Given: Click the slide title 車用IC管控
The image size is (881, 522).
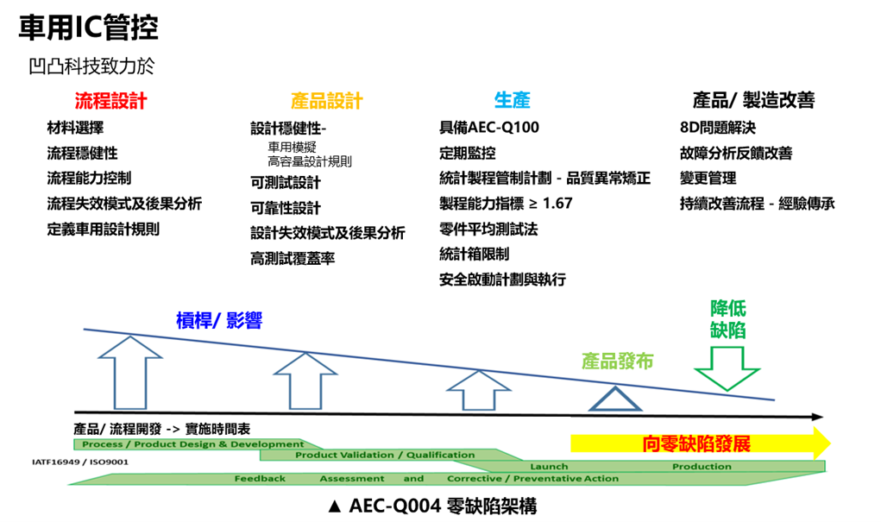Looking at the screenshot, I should pyautogui.click(x=88, y=28).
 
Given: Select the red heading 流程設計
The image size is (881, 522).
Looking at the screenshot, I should pyautogui.click(x=111, y=101).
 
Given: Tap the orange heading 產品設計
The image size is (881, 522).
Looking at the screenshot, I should pyautogui.click(x=327, y=101).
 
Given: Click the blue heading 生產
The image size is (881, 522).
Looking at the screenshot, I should pyautogui.click(x=512, y=101).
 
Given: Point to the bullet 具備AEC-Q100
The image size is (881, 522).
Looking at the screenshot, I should pyautogui.click(x=488, y=128).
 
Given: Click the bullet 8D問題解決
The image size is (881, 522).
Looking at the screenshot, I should pyautogui.click(x=718, y=129).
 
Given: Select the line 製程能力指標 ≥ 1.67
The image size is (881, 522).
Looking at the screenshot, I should pyautogui.click(x=506, y=204).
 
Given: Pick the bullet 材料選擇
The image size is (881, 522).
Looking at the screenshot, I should pyautogui.click(x=75, y=129).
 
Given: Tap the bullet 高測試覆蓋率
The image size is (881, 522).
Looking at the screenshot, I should pyautogui.click(x=293, y=258).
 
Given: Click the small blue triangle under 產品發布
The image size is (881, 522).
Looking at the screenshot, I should pyautogui.click(x=616, y=399).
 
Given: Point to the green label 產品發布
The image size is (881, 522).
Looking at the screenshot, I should pyautogui.click(x=617, y=362).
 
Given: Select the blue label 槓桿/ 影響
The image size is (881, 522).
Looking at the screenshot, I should pyautogui.click(x=218, y=321).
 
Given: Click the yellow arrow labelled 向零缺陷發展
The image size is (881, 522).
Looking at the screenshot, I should pyautogui.click(x=699, y=444).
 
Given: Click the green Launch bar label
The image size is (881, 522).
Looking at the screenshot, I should pyautogui.click(x=549, y=467).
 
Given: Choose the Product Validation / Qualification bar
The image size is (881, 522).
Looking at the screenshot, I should pyautogui.click(x=385, y=455).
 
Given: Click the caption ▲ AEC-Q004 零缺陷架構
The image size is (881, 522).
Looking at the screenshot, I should pyautogui.click(x=432, y=506).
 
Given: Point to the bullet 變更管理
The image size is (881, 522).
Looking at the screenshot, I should pyautogui.click(x=708, y=179).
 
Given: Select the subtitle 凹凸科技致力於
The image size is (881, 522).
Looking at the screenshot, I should pyautogui.click(x=91, y=66).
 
